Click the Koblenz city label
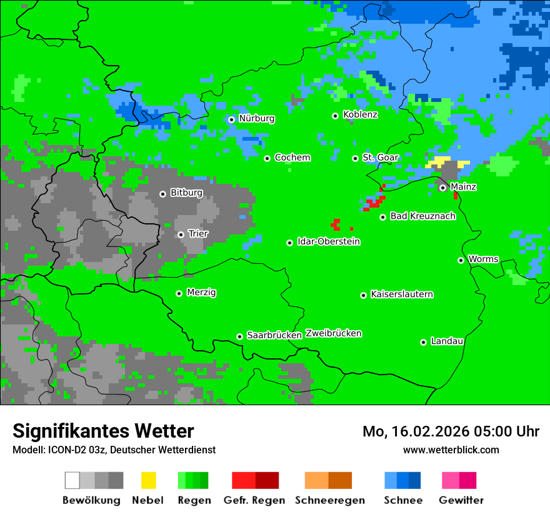(360, 114)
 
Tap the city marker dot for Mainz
(442, 188)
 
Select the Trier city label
(198, 234)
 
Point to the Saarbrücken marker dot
(239, 336)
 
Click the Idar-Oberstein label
(329, 242)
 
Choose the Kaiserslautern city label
(402, 295)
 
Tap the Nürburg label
(256, 119)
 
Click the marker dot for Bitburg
(162, 194)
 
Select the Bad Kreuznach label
(422, 216)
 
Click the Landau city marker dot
(423, 342)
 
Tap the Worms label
(483, 259)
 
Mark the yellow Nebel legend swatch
(148, 480)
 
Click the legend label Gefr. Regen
(254, 500)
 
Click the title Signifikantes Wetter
(103, 431)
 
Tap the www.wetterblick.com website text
(451, 450)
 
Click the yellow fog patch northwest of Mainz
(441, 161)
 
